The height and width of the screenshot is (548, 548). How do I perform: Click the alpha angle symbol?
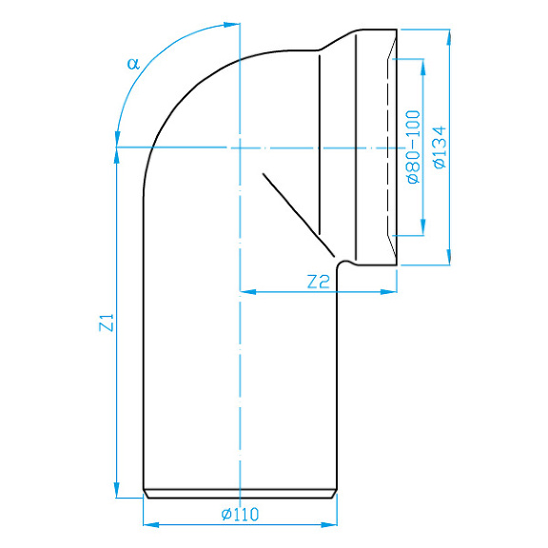coord(133,64)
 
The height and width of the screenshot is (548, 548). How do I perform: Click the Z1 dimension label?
coord(107,323)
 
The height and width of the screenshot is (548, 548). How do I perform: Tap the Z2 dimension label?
coord(318,281)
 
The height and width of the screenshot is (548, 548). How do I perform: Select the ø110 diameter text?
coord(240,514)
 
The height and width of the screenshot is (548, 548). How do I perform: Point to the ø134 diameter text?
coord(439,147)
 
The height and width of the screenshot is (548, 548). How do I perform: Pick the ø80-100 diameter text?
coord(413,147)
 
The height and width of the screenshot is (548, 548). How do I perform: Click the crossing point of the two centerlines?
coord(240,147)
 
